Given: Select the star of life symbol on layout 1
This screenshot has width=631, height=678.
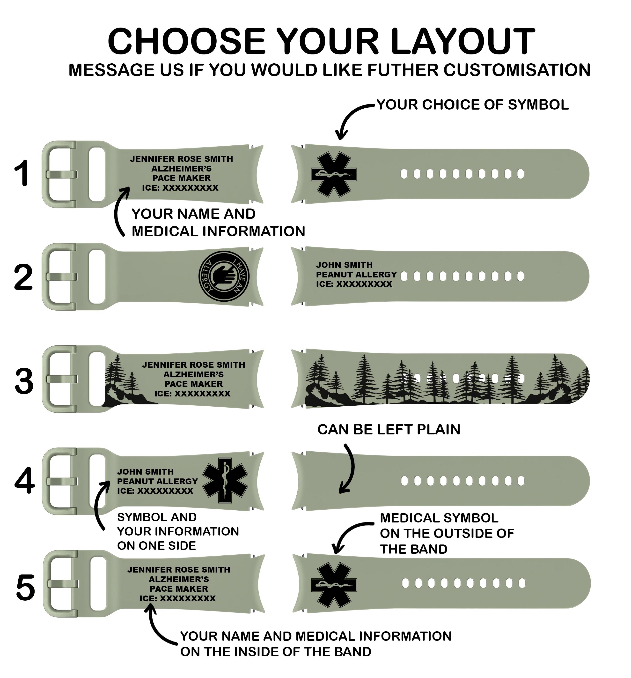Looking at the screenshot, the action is point(334,174).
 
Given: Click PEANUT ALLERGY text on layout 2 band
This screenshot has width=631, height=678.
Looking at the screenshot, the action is point(356,275).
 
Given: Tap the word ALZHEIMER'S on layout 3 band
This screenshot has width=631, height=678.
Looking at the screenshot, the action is point(193,374).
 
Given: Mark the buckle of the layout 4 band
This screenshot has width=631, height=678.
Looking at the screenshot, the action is point(60,481).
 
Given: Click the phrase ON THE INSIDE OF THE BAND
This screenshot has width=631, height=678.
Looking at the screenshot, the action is point(275,651).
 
